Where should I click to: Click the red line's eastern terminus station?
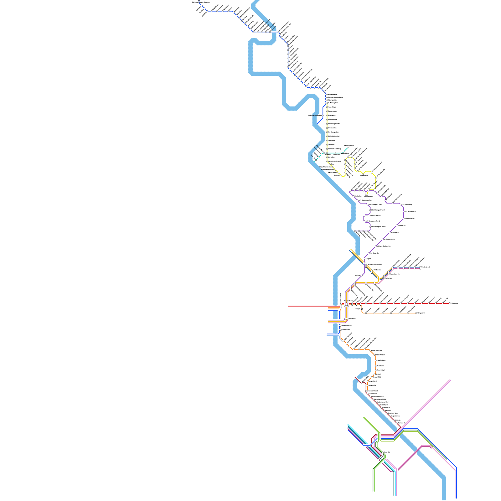coord(449,303)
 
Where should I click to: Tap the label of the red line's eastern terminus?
coord(455,303)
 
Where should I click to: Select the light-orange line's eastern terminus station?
coord(416,313)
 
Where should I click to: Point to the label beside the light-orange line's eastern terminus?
coord(421,313)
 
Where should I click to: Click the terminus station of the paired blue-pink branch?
coord(420,267)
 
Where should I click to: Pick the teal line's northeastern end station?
coord(348,147)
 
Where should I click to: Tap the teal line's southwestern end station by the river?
coord(316,160)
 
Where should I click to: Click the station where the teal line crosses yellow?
coord(327,153)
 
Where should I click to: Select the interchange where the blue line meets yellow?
coord(326,103)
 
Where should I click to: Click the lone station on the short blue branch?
coord(323,116)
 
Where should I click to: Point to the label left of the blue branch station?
coord(315,116)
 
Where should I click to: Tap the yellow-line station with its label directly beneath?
coord(364,173)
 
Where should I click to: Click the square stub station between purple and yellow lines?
coord(367,194)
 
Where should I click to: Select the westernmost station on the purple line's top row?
coord(350,191)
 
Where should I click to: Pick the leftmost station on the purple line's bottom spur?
coord(355,231)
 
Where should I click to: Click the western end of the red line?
coord(288,306)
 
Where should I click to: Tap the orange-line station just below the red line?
coord(362,309)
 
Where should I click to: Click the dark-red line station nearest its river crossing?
coord(362,382)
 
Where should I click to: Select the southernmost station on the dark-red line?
coord(397,423)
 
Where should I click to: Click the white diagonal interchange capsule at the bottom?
coord(380,458)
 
